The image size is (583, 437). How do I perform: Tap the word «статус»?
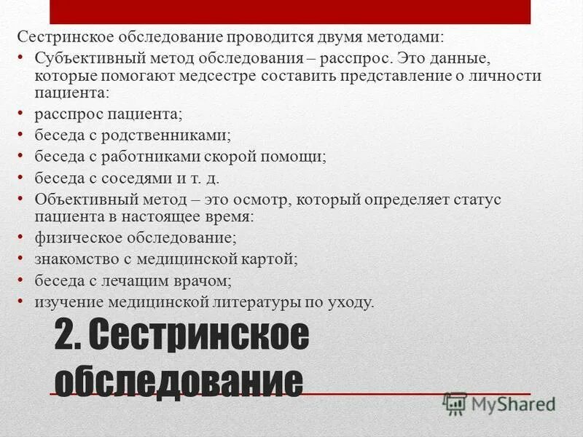point(479,199)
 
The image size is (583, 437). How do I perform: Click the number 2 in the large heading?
point(65,337)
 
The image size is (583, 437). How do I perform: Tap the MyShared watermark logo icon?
point(455,402)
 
